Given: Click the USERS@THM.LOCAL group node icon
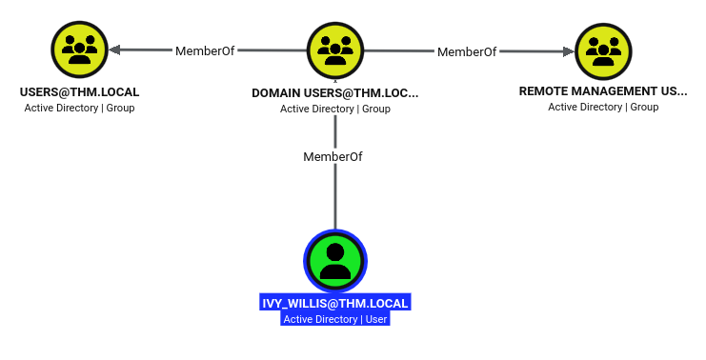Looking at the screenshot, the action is click(80, 50).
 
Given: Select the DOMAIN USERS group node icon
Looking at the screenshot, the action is click(335, 50).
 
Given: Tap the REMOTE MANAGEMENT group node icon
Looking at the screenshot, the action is click(603, 51).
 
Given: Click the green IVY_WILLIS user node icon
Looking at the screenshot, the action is click(335, 261).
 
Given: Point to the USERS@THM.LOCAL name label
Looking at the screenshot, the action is click(80, 92).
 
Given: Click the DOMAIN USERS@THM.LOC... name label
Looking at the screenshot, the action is click(335, 93).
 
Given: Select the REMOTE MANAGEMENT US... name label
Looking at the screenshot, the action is click(603, 91).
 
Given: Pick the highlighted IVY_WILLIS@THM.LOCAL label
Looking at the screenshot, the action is click(335, 303).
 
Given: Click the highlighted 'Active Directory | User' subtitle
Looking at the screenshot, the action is click(335, 319).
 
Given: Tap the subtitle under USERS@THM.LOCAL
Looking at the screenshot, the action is click(80, 108).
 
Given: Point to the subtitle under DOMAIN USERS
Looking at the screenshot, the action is click(335, 109).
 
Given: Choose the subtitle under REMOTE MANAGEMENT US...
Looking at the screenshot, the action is click(603, 107).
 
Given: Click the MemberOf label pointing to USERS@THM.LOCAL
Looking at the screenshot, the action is click(205, 50).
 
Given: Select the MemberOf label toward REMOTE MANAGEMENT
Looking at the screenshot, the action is click(467, 52).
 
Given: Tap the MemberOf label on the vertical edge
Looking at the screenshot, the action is click(333, 156).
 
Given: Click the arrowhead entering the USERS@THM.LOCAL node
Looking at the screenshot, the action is click(114, 50).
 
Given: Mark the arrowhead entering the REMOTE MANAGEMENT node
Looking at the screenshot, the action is click(569, 51).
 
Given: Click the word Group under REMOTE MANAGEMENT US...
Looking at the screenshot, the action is click(644, 107).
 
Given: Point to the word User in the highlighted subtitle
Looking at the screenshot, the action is click(376, 319).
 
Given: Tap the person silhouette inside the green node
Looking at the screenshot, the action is click(335, 262).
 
